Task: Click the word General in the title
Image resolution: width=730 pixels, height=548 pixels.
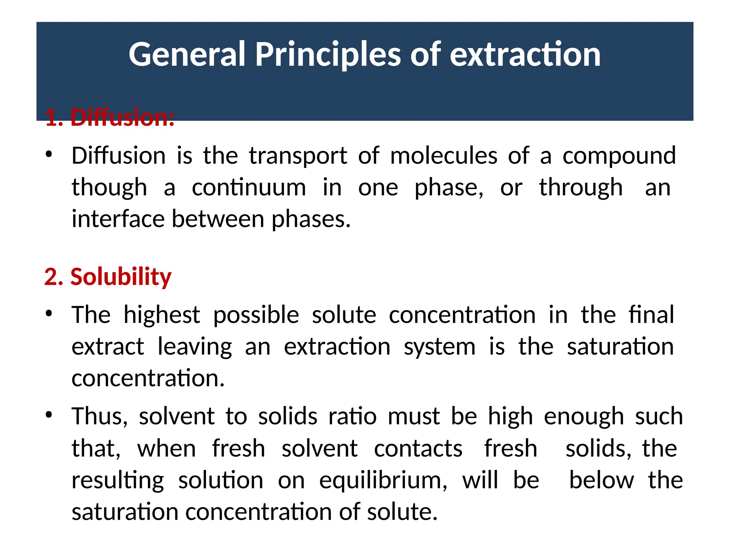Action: click(x=187, y=54)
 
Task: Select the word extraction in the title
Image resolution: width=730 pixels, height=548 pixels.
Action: click(x=525, y=54)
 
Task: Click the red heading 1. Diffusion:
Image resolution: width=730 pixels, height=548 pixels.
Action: click(x=110, y=118)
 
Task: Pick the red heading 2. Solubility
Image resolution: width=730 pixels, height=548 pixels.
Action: click(x=108, y=276)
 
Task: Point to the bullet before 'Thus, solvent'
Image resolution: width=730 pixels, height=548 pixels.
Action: click(x=49, y=415)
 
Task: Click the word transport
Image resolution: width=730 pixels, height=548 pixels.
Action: click(x=298, y=156)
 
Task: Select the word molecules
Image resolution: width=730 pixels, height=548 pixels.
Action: click(x=443, y=156)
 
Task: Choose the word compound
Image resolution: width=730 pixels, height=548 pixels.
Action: click(x=619, y=156)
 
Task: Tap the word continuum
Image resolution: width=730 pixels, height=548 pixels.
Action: click(x=249, y=188)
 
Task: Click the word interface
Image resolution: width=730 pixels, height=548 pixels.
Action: click(x=118, y=219)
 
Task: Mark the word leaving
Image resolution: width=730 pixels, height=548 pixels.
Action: click(x=195, y=347)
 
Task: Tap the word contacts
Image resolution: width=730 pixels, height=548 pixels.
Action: click(x=418, y=448)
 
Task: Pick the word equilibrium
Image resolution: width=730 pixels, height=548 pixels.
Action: click(x=383, y=480)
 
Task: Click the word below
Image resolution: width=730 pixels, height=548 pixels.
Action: click(x=601, y=480)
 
